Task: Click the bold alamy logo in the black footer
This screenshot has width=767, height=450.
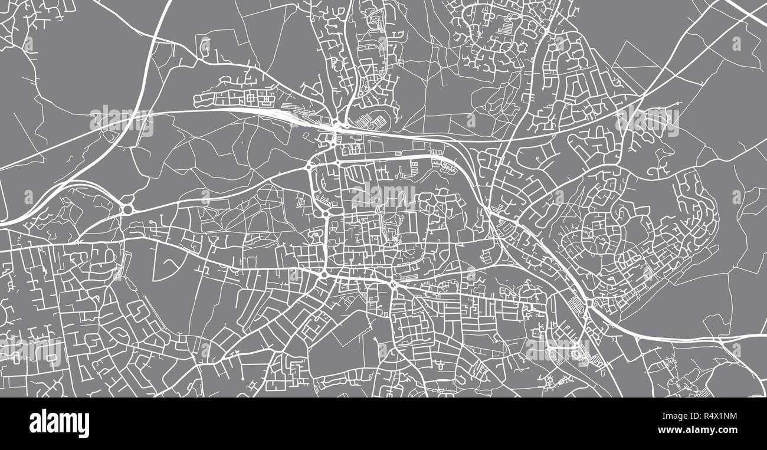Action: click(59, 423)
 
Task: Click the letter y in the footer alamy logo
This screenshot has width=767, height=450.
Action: click(84, 426)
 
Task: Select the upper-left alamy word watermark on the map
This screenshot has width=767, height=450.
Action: click(122, 120)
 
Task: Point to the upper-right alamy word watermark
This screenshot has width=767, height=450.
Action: click(647, 120)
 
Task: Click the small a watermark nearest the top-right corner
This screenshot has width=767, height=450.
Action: click(736, 44)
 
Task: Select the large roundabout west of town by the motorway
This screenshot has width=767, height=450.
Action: click(127, 209)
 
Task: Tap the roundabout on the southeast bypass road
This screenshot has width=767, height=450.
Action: click(588, 303)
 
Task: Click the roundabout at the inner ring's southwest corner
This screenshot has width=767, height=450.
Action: click(324, 275)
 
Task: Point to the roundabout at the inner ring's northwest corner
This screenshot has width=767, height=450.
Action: click(308, 167)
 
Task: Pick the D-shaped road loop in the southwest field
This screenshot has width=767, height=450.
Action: click(166, 262)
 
